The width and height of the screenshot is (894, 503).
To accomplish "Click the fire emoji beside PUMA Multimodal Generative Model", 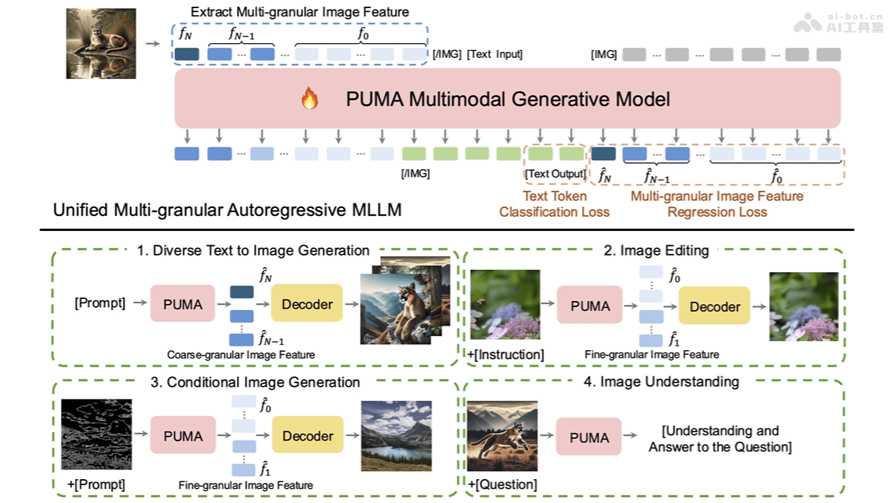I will coord(309,99).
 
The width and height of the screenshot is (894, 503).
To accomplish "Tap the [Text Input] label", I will coord(495,54).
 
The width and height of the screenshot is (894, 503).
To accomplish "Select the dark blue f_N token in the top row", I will coord(187,54).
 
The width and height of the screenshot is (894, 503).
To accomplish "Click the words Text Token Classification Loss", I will coord(554,204).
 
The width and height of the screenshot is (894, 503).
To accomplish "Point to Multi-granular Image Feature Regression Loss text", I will coord(717,204).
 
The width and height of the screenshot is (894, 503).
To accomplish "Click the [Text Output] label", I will coord(555,174).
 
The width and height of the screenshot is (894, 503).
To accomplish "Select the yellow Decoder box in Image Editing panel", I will coord(714,306).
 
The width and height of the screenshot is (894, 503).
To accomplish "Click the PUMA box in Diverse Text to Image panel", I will coord(183,303).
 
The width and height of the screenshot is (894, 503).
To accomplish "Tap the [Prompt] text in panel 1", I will coord(100,304).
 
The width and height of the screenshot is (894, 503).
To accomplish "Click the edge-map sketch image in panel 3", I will coord(95,434).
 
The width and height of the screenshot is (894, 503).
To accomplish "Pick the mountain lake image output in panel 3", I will coord(396,435).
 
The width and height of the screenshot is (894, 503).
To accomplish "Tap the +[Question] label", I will coord(503,484).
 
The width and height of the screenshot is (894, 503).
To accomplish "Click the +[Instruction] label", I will coord(506,355).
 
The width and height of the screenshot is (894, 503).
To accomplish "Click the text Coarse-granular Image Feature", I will coord(241,355).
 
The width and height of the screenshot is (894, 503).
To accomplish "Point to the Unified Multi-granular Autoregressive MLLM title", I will coord(227,210).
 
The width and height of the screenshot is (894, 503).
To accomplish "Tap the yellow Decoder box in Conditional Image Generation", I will coord(307,436).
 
